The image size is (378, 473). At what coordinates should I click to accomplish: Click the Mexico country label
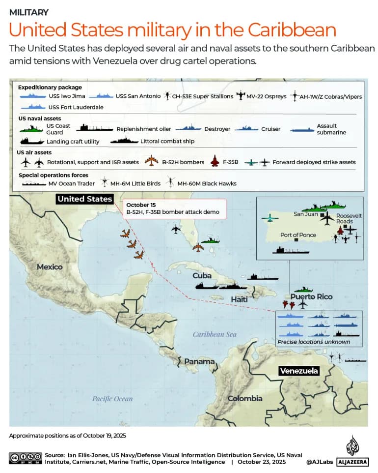point(50,266)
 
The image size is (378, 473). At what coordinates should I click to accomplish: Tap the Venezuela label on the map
point(298,371)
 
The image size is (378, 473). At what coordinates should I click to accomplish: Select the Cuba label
point(202,275)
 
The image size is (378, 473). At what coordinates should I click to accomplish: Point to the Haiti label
point(238,299)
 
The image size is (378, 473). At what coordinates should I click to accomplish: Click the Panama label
point(199,361)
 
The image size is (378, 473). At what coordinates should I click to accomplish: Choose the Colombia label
point(244,398)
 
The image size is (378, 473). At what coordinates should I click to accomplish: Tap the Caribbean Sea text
point(214,334)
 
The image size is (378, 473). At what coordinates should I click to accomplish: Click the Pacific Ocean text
point(112,399)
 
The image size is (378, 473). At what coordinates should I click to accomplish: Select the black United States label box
point(84,199)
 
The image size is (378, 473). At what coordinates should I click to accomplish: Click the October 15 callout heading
point(141,205)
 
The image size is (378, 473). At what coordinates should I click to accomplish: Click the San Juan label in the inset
point(306,214)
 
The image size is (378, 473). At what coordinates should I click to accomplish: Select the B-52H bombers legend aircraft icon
point(152,161)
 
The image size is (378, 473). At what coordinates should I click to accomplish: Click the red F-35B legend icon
point(214,161)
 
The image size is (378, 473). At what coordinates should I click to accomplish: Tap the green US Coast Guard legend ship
point(30,129)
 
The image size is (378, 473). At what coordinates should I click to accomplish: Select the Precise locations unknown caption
point(313,342)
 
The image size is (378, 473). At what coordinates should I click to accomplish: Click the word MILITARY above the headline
point(28,12)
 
